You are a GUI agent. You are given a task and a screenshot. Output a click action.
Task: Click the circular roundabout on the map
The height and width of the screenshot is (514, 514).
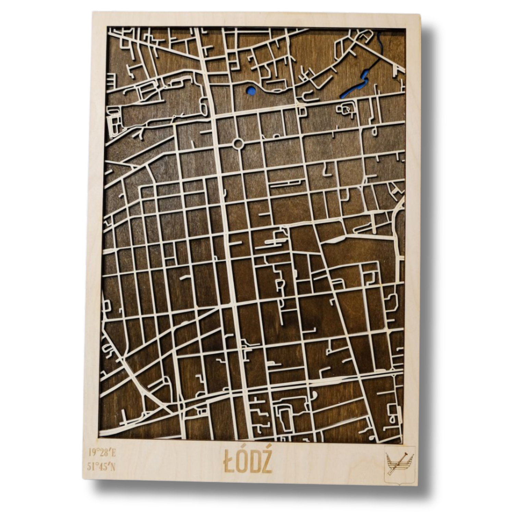[238, 144]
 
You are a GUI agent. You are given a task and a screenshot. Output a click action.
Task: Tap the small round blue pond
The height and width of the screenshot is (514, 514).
[251, 90]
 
